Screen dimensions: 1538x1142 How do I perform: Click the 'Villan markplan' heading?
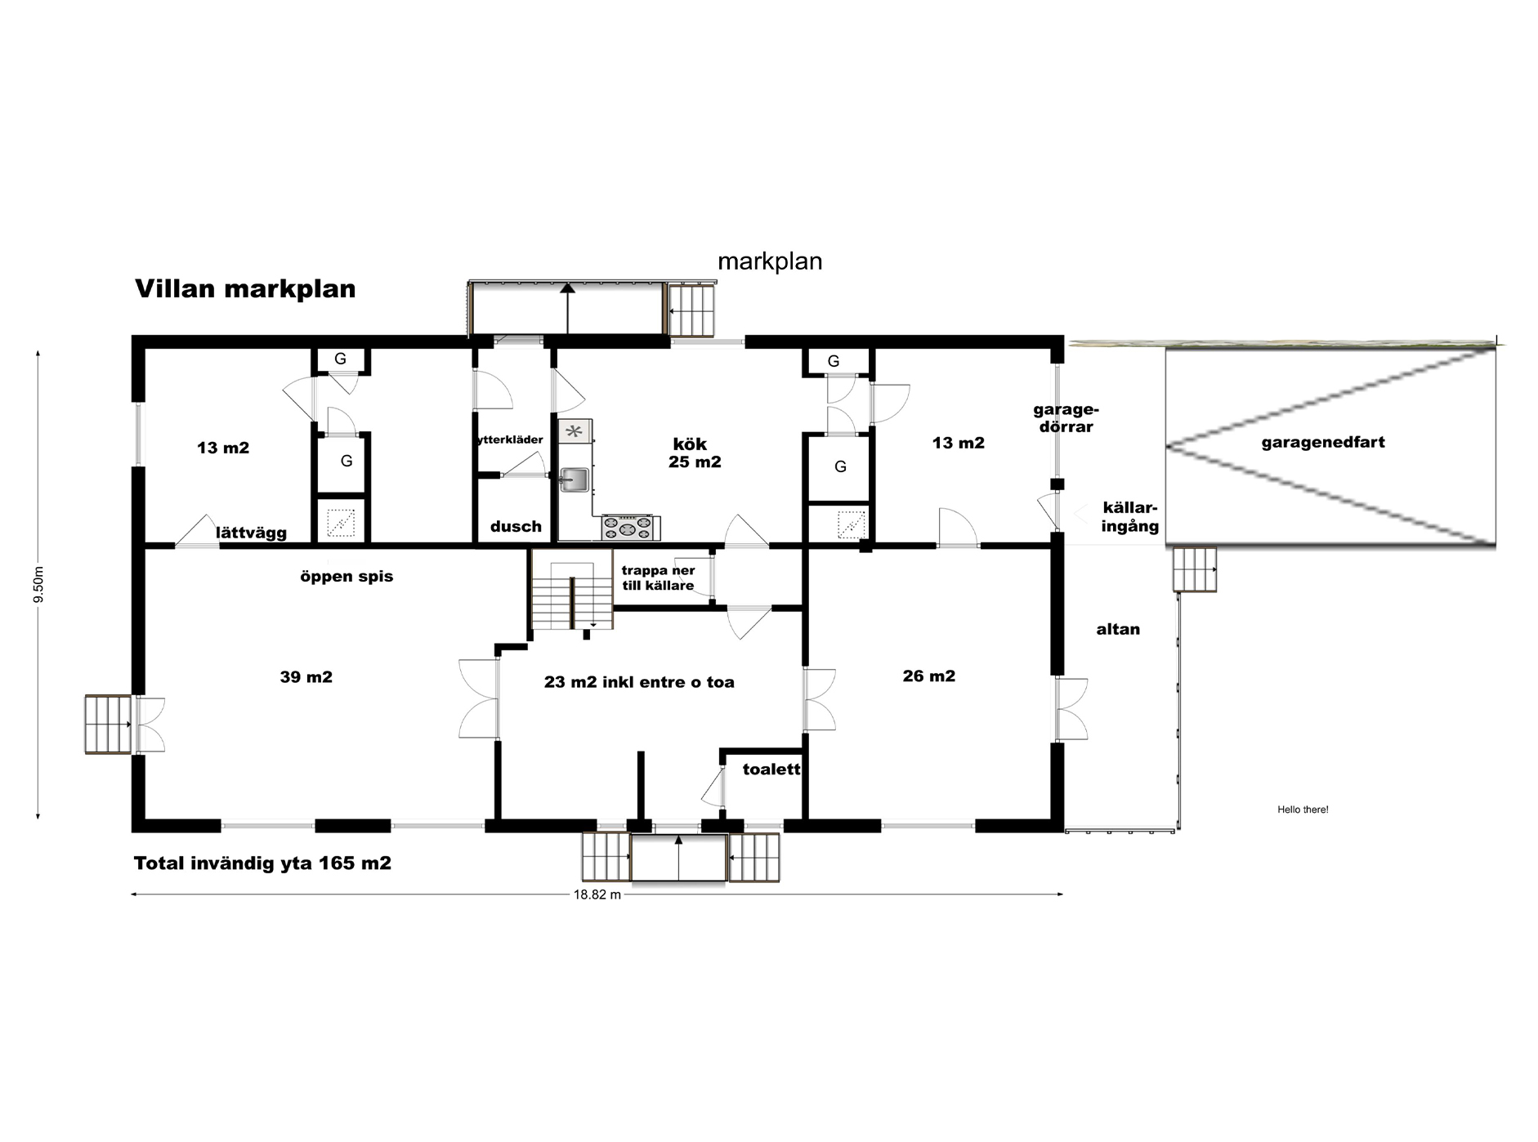pos(245,289)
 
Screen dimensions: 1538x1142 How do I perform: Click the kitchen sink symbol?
pos(575,480)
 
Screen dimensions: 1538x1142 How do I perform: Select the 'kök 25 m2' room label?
pos(693,453)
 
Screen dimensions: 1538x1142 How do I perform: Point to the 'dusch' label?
pos(516,527)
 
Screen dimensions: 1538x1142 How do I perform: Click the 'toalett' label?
pos(771,770)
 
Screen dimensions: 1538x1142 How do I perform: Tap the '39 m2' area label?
pos(306,677)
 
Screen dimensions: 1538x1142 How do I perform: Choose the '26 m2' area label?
pos(929,676)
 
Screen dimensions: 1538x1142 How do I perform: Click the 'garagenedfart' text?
pos(1323,444)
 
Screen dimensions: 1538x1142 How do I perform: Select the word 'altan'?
pos(1118,629)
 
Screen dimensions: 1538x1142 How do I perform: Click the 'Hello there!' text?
pos(1303,810)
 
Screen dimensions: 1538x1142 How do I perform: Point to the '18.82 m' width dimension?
pos(597,894)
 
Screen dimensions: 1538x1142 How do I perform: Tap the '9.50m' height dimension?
pos(38,584)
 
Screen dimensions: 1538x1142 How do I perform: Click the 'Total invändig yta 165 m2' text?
pos(262,863)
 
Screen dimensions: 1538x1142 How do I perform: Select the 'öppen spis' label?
pos(346,577)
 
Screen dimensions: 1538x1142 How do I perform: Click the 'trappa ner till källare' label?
pos(658,578)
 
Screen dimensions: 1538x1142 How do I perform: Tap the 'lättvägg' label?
pos(252,533)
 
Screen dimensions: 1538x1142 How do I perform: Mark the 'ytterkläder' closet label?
pos(510,439)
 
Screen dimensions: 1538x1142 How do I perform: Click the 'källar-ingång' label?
pos(1130,517)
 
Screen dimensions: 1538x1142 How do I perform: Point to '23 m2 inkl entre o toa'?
pos(639,682)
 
